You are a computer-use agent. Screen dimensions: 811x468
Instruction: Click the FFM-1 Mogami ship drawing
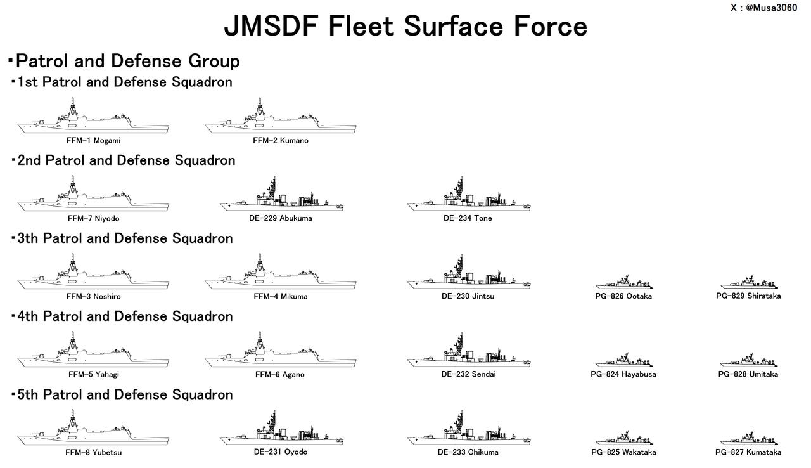pos(93,121)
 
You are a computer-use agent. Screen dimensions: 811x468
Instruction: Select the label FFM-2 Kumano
pos(280,141)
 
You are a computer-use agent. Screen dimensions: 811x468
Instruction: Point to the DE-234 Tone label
pos(468,218)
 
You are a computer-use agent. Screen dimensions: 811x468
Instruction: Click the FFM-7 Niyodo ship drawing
pos(93,199)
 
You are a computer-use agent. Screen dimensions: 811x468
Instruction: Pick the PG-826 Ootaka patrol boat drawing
pos(624,283)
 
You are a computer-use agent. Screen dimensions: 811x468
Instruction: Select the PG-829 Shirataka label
pos(748,296)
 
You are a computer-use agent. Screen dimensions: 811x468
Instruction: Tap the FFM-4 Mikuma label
pos(280,297)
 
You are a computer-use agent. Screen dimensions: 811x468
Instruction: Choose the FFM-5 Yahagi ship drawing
pos(93,355)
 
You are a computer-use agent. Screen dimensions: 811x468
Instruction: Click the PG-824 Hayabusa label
pos(623,374)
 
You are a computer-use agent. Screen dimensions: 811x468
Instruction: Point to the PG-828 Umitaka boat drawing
pos(749,361)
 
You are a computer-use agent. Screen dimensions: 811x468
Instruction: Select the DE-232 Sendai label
pos(468,374)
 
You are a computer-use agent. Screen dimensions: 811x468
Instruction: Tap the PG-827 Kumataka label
pos(748,452)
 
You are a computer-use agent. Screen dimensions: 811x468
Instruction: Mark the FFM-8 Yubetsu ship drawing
pos(93,433)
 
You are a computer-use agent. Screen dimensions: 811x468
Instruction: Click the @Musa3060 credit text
pos(771,8)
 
